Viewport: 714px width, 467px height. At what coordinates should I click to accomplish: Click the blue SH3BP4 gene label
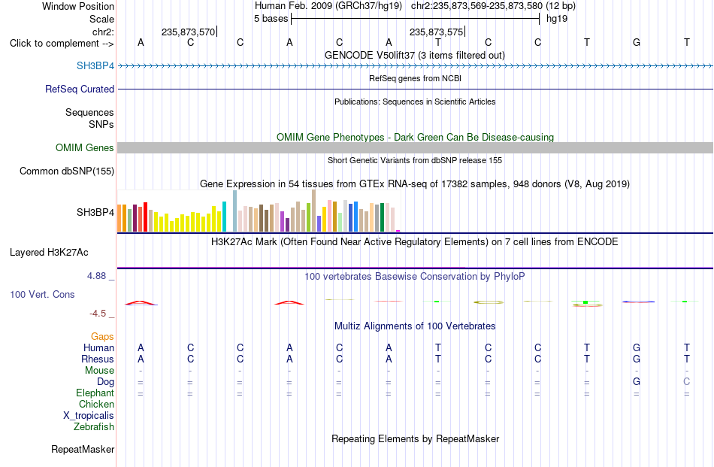point(95,65)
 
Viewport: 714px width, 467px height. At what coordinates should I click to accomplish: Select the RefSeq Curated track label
point(80,89)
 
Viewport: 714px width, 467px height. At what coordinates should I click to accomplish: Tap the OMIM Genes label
point(85,147)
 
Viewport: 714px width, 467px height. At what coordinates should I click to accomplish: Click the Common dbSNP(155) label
point(67,171)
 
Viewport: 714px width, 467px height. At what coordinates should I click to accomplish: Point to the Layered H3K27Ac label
point(49,253)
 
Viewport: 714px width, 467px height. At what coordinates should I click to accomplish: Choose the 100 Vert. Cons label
point(42,294)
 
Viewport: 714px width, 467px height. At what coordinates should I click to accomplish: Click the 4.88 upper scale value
point(96,276)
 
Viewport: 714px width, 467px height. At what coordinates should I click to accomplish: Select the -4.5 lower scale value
point(98,314)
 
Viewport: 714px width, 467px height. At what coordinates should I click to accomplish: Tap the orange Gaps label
point(102,336)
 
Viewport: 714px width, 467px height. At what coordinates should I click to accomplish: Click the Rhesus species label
point(98,359)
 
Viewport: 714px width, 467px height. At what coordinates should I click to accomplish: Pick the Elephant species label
point(95,393)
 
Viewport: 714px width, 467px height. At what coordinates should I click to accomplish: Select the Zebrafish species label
point(94,427)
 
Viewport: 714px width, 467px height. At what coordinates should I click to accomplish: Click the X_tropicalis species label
point(89,416)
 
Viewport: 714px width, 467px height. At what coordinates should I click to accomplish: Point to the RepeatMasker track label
point(83,449)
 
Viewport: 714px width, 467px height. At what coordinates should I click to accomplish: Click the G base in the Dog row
point(637,382)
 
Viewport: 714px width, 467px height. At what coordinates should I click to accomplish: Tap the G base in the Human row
point(637,348)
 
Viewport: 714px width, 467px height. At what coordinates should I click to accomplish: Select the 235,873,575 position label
point(436,32)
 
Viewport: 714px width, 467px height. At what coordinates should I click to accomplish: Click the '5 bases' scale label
point(271,19)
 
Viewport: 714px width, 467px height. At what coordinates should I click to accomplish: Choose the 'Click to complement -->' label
point(62,44)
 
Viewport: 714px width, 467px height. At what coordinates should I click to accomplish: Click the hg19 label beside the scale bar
point(557,19)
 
